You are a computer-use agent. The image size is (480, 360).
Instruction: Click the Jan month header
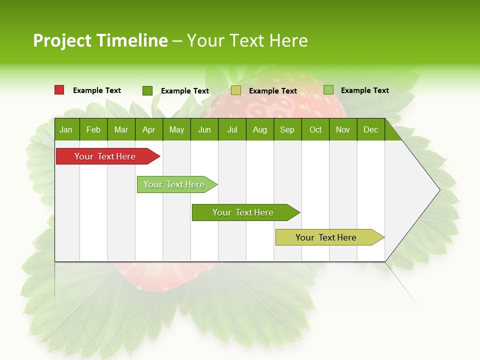point(66,130)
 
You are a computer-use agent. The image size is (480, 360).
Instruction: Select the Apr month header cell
point(149,130)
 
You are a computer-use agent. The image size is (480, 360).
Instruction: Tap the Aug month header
point(259,130)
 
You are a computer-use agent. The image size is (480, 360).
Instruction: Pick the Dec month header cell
point(370,130)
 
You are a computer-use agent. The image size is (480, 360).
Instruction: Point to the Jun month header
point(204,130)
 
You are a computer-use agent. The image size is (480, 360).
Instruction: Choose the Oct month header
point(315,130)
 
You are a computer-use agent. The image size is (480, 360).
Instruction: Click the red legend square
point(59,90)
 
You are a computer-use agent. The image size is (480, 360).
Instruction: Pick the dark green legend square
point(147,90)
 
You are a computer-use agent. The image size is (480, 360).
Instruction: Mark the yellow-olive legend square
point(236,90)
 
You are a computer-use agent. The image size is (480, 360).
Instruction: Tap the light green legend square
point(328,90)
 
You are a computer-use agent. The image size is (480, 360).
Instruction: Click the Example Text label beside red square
point(97,90)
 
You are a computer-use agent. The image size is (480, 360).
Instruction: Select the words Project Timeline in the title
point(100,40)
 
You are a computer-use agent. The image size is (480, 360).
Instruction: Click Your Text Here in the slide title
point(247,40)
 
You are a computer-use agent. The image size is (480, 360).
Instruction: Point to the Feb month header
point(93,130)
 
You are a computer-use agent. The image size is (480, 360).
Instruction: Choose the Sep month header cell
point(287,130)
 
